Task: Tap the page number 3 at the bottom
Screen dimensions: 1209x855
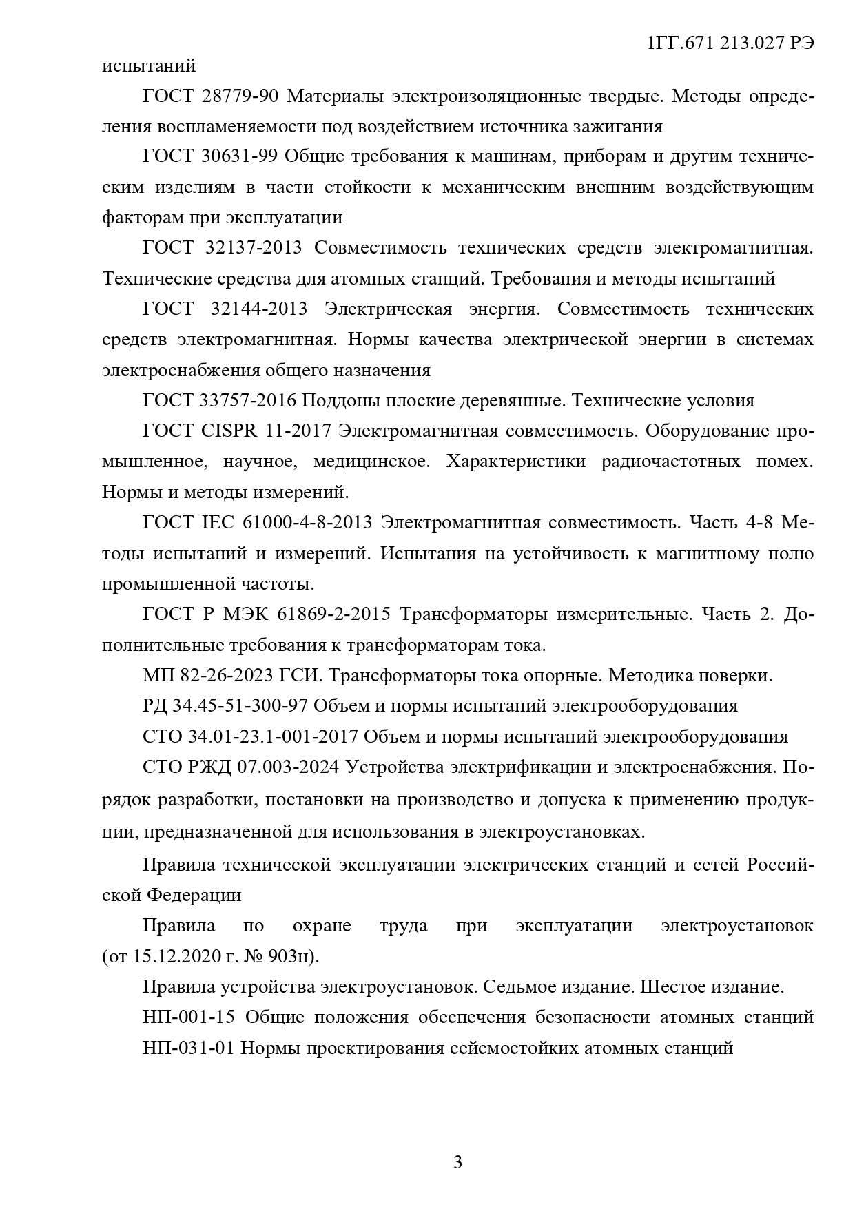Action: [x=458, y=1164]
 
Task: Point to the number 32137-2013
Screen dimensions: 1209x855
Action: [x=254, y=248]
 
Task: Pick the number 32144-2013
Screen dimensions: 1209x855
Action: [x=258, y=309]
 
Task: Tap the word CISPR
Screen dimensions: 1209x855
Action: [x=228, y=431]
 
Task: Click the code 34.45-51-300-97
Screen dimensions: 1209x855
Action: [x=249, y=706]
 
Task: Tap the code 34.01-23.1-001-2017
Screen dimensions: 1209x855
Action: [x=273, y=736]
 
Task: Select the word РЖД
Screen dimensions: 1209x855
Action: [x=209, y=767]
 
